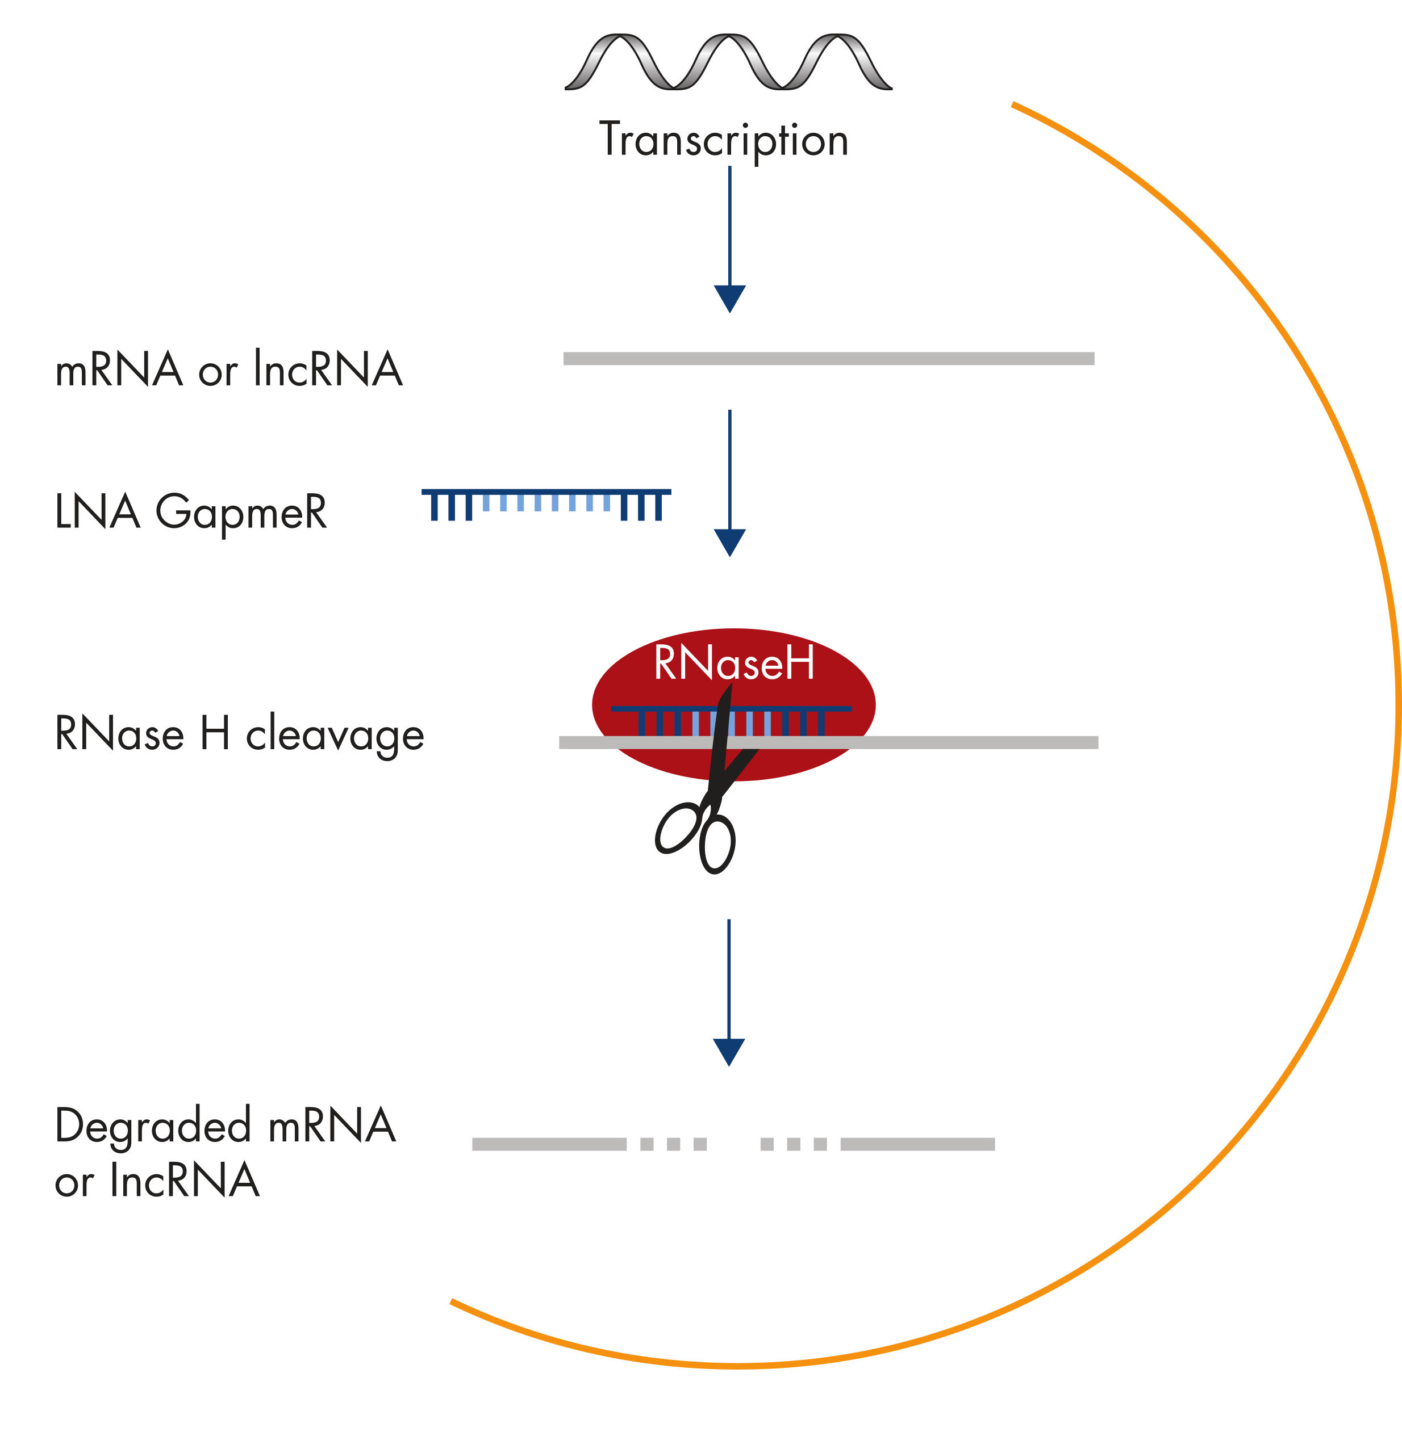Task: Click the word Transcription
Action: coord(723,140)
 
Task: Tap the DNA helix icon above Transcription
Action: coord(728,62)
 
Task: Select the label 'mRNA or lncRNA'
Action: coord(228,368)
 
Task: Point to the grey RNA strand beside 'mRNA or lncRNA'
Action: coord(829,359)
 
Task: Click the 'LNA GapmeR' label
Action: coord(191,511)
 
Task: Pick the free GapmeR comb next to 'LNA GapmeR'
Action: coord(546,504)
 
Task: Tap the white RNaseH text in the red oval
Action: coord(733,663)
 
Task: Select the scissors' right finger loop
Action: coord(717,845)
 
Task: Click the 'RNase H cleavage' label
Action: coord(239,734)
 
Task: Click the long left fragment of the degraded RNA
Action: coord(549,1144)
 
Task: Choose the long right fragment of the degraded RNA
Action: coord(917,1144)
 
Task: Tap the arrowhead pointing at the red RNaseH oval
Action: coord(729,542)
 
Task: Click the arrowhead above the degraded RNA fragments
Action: coord(728,1051)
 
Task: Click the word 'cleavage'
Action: coord(335,736)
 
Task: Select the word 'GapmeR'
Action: coord(241,511)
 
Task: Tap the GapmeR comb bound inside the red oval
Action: coord(731,720)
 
